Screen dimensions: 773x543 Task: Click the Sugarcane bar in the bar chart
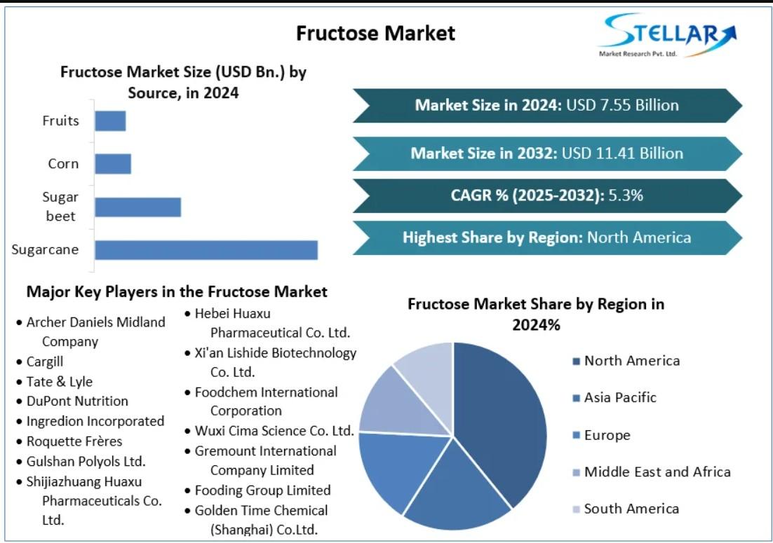click(x=206, y=249)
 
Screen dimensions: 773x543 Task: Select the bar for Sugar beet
click(x=138, y=207)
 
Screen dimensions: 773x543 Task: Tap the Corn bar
click(x=113, y=164)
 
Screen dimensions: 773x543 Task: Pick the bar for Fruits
click(x=110, y=121)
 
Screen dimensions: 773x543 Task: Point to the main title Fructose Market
click(x=376, y=34)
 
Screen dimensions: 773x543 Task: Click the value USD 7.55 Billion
click(x=622, y=105)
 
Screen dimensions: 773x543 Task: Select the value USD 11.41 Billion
click(x=622, y=153)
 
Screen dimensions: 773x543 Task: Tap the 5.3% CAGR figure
click(x=626, y=195)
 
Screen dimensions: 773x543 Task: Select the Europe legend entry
click(x=602, y=435)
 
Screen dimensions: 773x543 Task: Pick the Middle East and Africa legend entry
click(x=652, y=472)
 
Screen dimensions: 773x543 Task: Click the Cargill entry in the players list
click(x=40, y=362)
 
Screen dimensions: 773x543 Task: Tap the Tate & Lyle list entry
click(x=55, y=382)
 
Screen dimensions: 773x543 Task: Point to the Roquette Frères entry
click(x=69, y=441)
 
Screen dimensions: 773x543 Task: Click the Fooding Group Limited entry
click(x=258, y=490)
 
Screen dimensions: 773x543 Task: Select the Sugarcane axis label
click(x=45, y=249)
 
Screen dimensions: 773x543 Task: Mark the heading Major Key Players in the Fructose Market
click(x=177, y=292)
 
